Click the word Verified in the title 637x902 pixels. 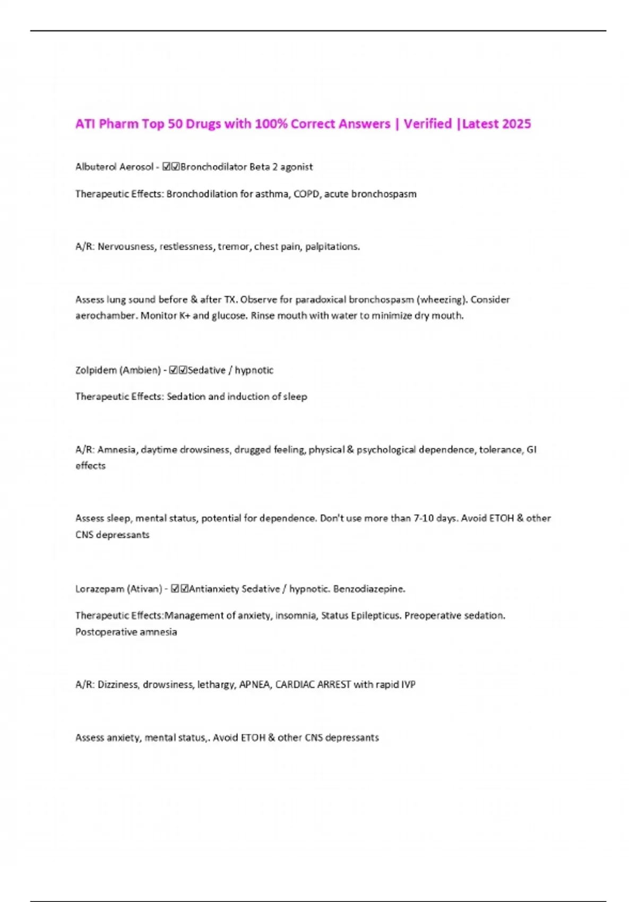pos(427,124)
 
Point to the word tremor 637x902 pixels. pos(234,246)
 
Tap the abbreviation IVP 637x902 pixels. pos(408,684)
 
